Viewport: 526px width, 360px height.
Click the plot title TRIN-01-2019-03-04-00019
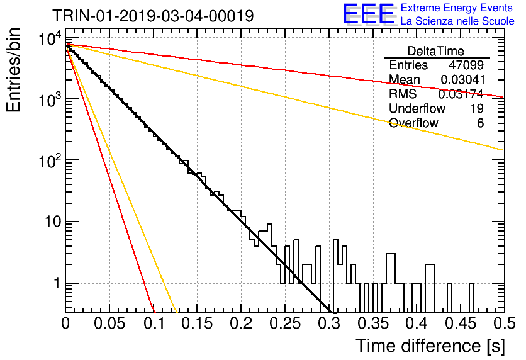[153, 16]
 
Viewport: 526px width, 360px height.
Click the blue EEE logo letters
[369, 14]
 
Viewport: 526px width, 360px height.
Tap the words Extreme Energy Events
[457, 8]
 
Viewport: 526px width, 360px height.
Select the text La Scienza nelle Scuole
[457, 21]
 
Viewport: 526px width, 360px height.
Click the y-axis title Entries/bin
[13, 70]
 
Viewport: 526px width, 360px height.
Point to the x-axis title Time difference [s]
[430, 346]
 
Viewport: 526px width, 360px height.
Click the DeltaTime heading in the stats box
[436, 51]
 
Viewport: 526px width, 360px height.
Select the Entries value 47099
[466, 65]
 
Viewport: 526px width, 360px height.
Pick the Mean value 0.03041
[462, 79]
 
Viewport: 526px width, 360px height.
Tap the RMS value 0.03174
[461, 94]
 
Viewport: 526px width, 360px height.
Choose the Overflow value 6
[480, 123]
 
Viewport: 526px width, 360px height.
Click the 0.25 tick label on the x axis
[286, 323]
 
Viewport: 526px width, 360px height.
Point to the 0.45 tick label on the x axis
[461, 323]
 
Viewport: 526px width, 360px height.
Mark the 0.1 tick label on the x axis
[154, 323]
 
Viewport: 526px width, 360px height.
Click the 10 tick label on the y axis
[53, 222]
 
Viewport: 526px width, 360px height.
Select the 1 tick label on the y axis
[57, 283]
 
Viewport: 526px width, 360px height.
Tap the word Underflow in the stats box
[417, 108]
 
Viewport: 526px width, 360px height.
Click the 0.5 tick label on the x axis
[505, 323]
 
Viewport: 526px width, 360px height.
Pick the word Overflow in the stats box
[413, 123]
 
